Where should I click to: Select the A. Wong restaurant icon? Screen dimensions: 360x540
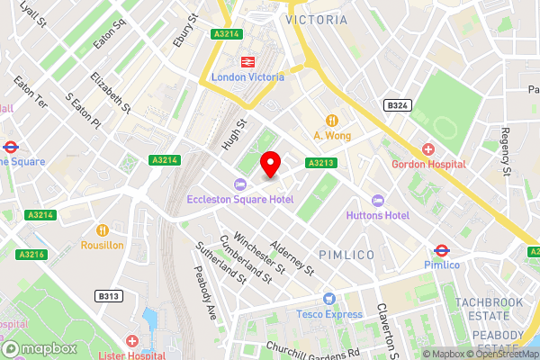[x=331, y=120]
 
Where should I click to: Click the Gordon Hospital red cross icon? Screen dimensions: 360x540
[x=428, y=148]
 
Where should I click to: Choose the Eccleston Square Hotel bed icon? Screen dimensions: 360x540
[x=238, y=184]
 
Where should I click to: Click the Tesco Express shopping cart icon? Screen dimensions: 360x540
[x=329, y=299]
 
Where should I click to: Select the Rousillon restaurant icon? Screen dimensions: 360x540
[x=103, y=229]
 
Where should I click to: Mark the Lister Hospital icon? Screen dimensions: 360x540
[x=132, y=342]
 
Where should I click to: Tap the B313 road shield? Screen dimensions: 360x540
[x=109, y=295]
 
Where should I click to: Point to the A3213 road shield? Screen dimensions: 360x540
[x=321, y=163]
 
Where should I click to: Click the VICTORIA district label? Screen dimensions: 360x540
[x=315, y=19]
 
